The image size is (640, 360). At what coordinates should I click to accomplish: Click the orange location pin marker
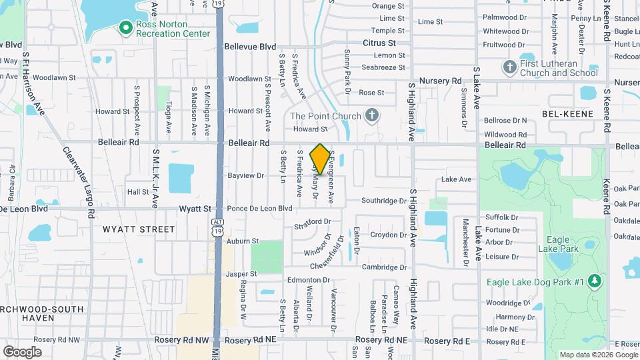coord(321,159)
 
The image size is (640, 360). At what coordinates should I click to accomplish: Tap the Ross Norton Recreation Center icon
coord(124,27)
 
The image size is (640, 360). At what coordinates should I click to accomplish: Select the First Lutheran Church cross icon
coord(510,67)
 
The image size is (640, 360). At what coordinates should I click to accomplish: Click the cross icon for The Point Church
coord(373,116)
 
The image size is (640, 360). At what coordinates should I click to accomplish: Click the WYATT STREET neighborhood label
coord(139,229)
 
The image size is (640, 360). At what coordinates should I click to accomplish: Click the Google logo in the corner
coord(22,351)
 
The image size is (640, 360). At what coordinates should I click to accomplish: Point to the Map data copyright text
coord(598,355)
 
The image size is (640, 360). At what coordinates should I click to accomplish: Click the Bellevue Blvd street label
coord(250,47)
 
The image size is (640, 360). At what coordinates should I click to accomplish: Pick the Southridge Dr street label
coord(384,201)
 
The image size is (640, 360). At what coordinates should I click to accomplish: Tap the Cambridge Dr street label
coord(384,267)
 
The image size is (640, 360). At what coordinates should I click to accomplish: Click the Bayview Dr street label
coord(246,176)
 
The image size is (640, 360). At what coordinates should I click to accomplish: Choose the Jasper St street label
coord(241,274)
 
